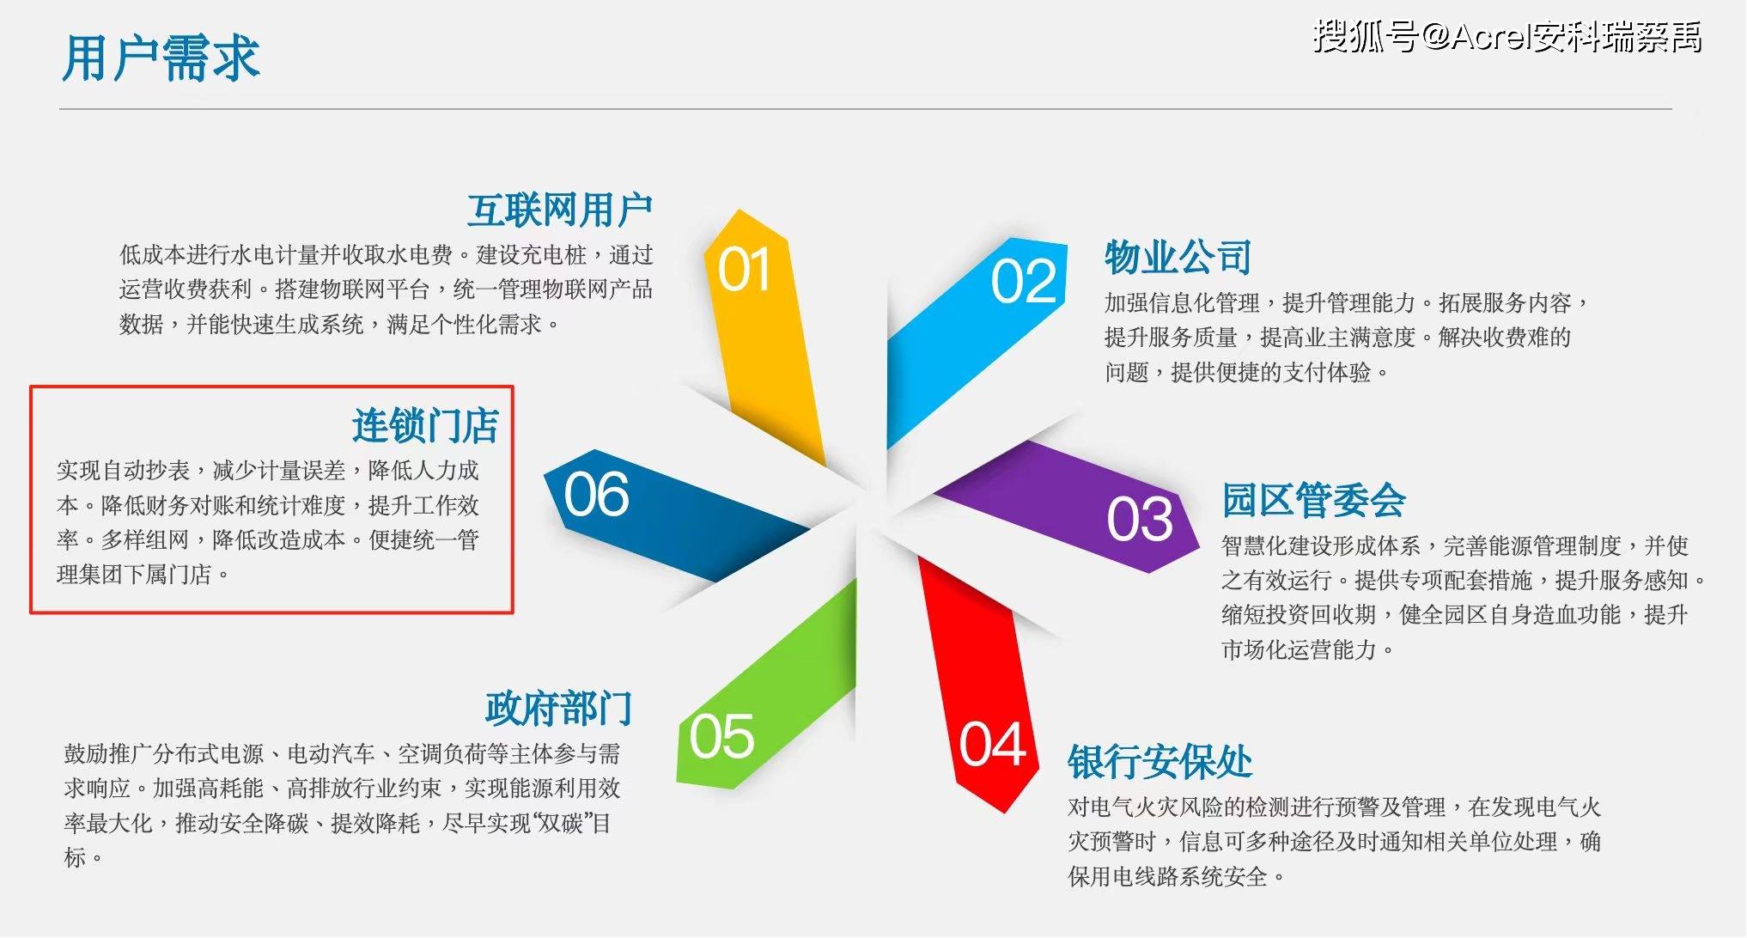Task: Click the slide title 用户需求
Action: click(x=161, y=58)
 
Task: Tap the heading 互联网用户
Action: click(x=559, y=210)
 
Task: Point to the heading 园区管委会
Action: click(x=1313, y=501)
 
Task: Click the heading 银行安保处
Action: click(x=1160, y=762)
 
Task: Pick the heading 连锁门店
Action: click(x=425, y=426)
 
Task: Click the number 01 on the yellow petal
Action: click(x=744, y=270)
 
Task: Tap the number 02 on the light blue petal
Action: click(x=1023, y=281)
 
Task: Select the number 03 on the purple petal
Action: click(x=1139, y=519)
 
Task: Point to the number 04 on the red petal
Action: click(x=992, y=744)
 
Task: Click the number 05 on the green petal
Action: click(x=721, y=736)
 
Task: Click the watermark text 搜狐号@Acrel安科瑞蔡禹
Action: click(x=1507, y=37)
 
